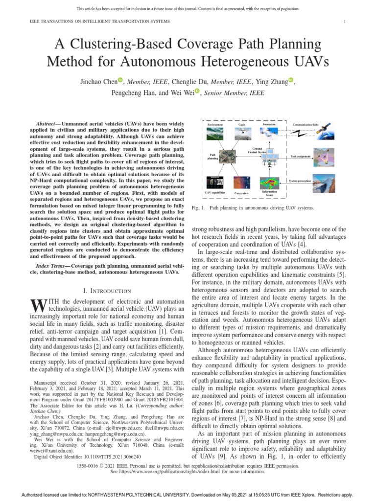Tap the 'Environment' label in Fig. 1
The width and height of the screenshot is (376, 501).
point(215,125)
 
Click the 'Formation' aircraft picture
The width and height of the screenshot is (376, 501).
point(269,134)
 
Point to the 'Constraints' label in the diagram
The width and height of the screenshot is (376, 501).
point(242,193)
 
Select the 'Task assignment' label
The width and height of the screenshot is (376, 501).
point(301,156)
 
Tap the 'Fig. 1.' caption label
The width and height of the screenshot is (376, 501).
point(197,208)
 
